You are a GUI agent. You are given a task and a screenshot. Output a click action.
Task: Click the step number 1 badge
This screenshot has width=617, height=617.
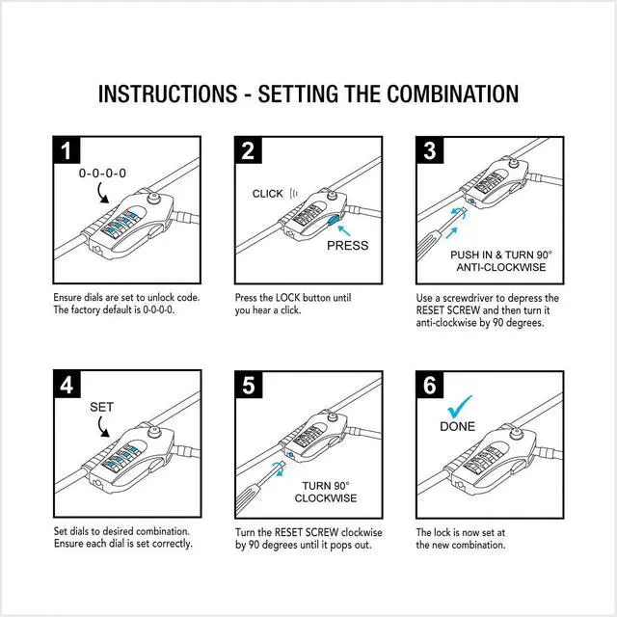tap(66, 150)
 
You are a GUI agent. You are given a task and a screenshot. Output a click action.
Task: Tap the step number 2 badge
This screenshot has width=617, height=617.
tap(249, 150)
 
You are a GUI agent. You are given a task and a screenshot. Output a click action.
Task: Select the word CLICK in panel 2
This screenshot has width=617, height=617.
tap(267, 194)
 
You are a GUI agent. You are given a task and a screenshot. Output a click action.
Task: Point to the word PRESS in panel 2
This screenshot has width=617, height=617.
tap(348, 245)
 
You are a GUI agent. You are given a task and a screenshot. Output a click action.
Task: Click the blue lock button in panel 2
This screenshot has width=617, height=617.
tap(334, 224)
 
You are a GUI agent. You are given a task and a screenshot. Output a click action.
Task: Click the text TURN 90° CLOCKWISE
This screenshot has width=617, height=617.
tap(329, 492)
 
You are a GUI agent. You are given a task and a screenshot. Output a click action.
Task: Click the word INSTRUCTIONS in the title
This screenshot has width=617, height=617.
tap(167, 94)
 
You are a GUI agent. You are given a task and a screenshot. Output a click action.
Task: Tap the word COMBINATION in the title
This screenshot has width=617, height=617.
tap(453, 94)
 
